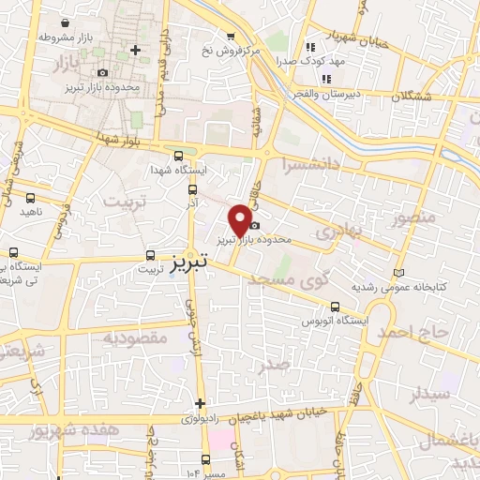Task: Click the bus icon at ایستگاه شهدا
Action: (x=178, y=155)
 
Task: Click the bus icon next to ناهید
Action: (x=31, y=198)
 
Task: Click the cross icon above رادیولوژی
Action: (x=200, y=403)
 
